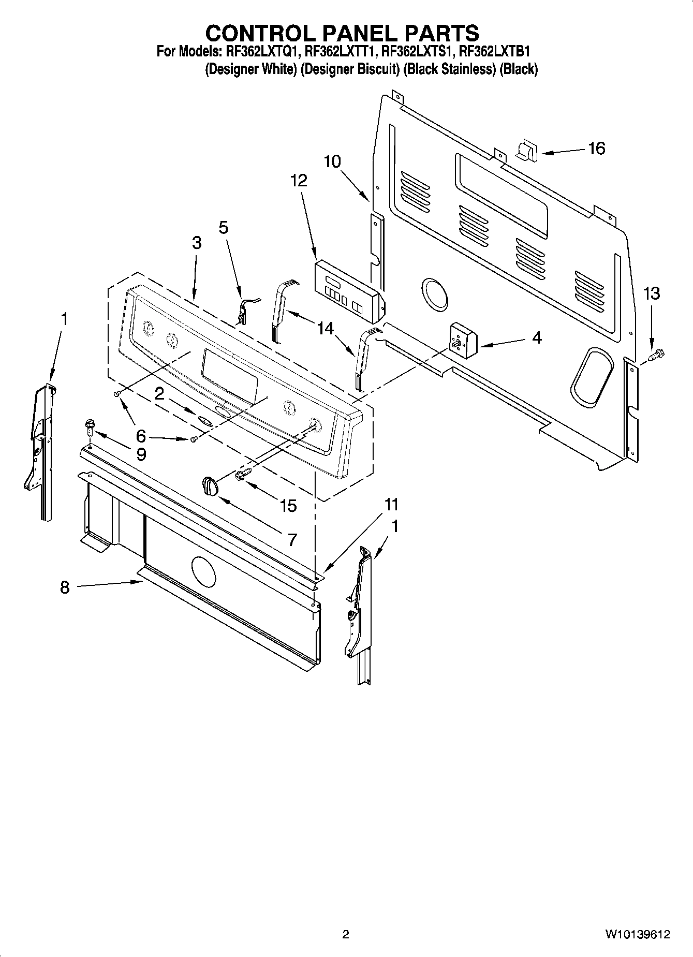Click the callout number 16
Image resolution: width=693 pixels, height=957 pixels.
[596, 149]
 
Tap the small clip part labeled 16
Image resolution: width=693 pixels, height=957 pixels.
[527, 151]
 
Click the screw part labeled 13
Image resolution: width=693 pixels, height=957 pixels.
[657, 356]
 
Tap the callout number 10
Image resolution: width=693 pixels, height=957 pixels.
[332, 161]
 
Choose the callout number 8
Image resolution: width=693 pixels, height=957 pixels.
[64, 587]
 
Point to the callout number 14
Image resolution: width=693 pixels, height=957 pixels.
[326, 328]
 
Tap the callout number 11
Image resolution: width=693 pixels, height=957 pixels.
[391, 504]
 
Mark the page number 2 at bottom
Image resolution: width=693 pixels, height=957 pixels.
[346, 934]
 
